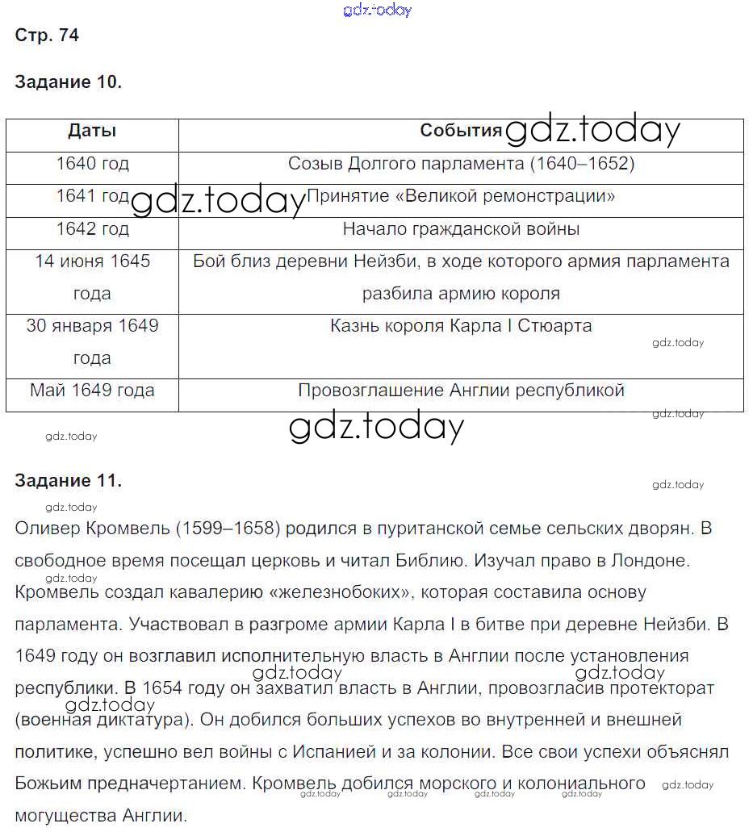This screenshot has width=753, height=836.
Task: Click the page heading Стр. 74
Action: [x=47, y=36]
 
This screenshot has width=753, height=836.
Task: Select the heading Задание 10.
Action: [x=69, y=82]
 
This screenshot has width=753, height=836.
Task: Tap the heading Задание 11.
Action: [x=69, y=481]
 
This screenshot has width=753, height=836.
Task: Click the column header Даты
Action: [x=92, y=132]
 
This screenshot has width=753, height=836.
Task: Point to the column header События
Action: [x=461, y=132]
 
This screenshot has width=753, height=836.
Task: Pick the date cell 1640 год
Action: [x=92, y=164]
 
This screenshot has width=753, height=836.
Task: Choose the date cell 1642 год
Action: [x=92, y=229]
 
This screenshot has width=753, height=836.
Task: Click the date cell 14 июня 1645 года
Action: [x=92, y=277]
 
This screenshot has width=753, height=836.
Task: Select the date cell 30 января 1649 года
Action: [x=92, y=341]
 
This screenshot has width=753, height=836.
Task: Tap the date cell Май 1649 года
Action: [x=92, y=391]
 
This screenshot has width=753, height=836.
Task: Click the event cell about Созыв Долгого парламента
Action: [x=461, y=164]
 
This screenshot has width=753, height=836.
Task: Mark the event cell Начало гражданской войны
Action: [x=461, y=229]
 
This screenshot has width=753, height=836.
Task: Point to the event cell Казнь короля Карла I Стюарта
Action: [x=461, y=326]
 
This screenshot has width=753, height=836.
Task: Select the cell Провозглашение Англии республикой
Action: [x=461, y=391]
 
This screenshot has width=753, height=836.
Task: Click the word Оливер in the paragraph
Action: [x=46, y=529]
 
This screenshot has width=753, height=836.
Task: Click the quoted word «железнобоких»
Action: [x=339, y=592]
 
